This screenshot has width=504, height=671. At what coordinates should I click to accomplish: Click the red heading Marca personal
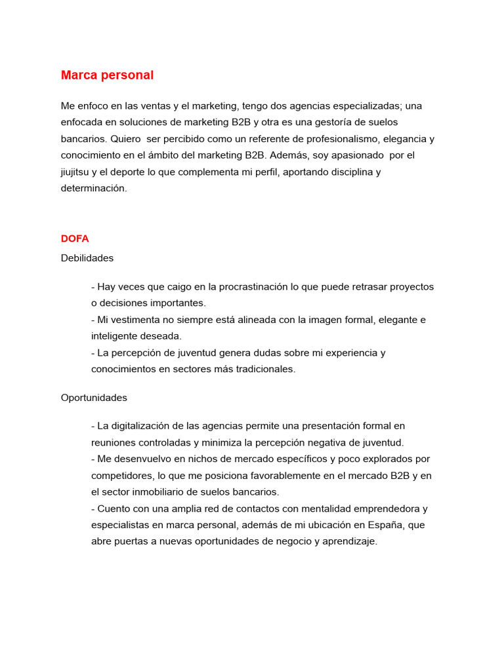click(x=107, y=75)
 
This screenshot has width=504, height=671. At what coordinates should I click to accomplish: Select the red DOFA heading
click(x=75, y=239)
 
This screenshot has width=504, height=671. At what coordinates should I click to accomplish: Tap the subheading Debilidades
click(x=87, y=258)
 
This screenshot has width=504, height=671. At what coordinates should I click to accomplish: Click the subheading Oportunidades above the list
click(x=94, y=398)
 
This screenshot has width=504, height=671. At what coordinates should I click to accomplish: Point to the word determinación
click(x=93, y=189)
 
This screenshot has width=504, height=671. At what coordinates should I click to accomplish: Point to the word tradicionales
click(x=262, y=369)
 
